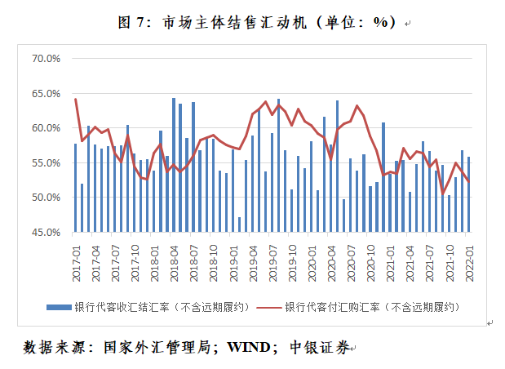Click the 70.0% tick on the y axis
coord(46,59)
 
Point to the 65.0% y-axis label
coord(46,94)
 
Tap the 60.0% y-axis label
coord(46,128)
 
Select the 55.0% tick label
coord(46,163)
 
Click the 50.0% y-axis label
coord(46,198)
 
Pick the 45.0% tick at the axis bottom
coord(46,233)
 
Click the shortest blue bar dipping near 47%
coord(239,225)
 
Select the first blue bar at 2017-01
coord(75,188)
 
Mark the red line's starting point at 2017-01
coord(75,99)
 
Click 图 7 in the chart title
coord(131,23)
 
